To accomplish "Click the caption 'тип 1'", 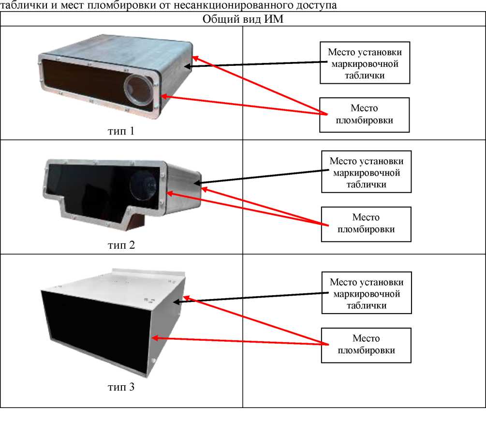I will click(121, 131).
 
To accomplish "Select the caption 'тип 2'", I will click(121, 245).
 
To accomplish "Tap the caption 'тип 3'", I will click(121, 387).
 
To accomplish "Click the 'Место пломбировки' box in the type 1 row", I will click(364, 115).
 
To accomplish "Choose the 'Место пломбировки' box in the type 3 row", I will click(366, 345).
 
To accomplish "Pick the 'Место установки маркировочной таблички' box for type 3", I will click(366, 293).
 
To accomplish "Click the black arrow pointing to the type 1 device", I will click(256, 63).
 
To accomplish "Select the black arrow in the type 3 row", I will click(251, 296).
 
